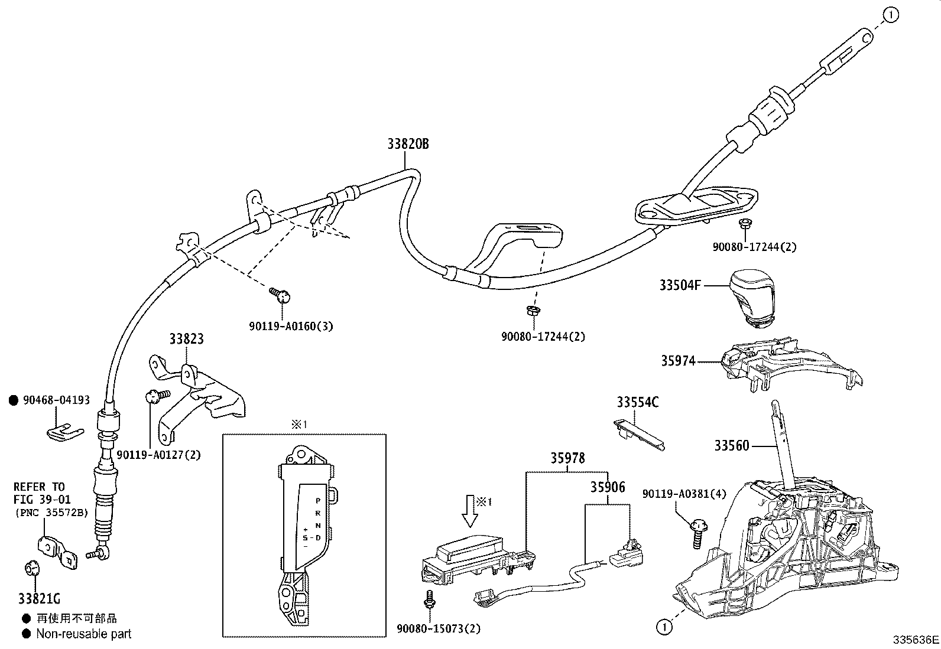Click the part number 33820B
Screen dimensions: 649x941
pos(408,144)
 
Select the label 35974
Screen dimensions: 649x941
pos(678,361)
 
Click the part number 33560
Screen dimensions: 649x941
pos(731,446)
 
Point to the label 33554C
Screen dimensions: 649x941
pos(638,402)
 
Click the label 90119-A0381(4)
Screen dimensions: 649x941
pos(684,494)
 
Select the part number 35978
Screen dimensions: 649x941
pos(568,458)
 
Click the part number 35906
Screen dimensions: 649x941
pos(607,487)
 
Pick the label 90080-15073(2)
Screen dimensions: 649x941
pos(439,630)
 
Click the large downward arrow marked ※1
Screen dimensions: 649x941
pos(471,511)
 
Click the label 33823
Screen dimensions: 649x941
pos(186,339)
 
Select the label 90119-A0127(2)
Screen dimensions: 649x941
pos(158,455)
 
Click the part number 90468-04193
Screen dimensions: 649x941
pos(56,400)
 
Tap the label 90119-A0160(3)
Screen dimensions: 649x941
pos(291,326)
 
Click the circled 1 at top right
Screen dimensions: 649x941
pos(891,15)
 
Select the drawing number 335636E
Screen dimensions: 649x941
pos(916,640)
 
